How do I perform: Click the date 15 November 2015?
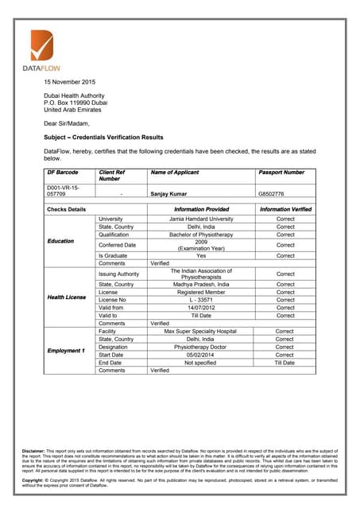(x=70, y=82)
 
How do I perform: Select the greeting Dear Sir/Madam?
(x=67, y=123)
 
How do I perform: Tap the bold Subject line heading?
(x=103, y=138)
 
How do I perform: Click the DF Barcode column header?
(x=63, y=173)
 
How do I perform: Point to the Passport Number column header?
(x=281, y=173)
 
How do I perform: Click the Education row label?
(x=62, y=240)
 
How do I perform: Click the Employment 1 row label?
(x=67, y=351)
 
